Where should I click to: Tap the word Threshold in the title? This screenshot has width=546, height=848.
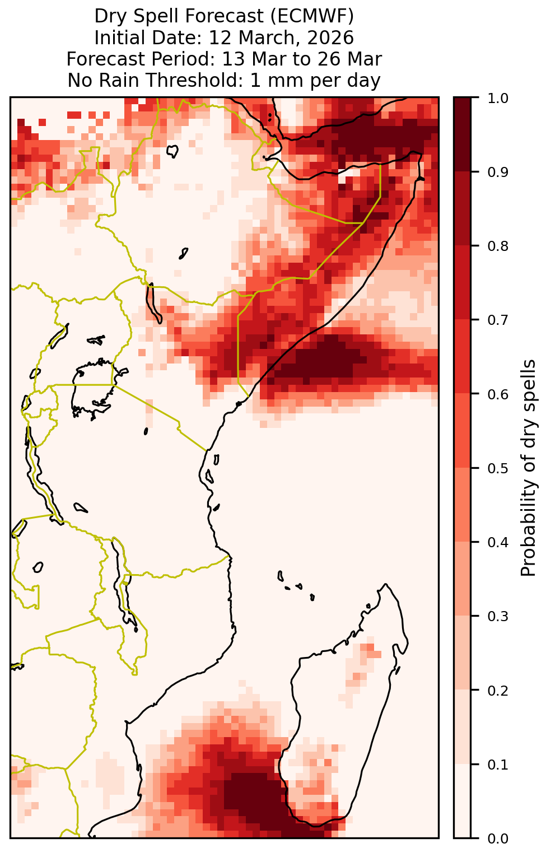[x=195, y=81]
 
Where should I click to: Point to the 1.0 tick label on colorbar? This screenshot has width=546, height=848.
[x=498, y=99]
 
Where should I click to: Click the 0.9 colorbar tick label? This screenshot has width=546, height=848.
[x=498, y=173]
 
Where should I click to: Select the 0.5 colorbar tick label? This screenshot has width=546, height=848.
[x=498, y=469]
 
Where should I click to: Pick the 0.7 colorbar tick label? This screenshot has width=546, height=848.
[x=498, y=320]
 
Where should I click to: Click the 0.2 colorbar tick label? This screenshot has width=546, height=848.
[x=498, y=691]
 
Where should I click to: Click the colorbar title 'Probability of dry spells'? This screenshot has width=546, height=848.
[x=528, y=468]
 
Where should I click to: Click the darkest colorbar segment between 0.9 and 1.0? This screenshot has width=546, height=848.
[x=463, y=134]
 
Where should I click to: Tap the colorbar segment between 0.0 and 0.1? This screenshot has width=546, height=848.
[x=463, y=801]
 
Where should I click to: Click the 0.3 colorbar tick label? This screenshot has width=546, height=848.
[x=498, y=617]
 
